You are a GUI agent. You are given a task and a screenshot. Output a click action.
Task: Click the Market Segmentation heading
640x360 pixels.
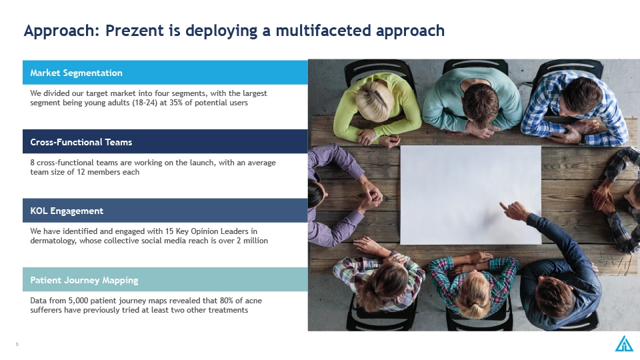pyautogui.click(x=76, y=73)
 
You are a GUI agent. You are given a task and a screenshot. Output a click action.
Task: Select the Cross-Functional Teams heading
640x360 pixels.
pyautogui.click(x=81, y=142)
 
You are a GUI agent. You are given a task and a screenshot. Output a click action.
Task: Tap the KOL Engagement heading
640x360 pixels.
pyautogui.click(x=67, y=211)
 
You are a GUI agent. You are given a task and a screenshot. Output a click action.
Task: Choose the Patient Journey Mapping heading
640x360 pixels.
pyautogui.click(x=84, y=280)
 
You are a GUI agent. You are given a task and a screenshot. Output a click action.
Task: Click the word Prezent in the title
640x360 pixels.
pyautogui.click(x=134, y=31)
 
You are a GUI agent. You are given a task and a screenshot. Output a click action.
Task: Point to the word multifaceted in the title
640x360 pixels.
pyautogui.click(x=323, y=31)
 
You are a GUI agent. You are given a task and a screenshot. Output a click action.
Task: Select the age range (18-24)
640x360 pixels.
pyautogui.click(x=145, y=103)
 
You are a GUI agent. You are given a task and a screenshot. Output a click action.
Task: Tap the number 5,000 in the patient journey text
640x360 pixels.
pyautogui.click(x=78, y=301)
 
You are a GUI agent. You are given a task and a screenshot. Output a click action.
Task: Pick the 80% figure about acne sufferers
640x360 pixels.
pyautogui.click(x=227, y=301)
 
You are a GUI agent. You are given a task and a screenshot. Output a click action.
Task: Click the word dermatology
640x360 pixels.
pyautogui.click(x=53, y=241)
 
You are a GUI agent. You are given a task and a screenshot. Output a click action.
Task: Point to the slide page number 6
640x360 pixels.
pyautogui.click(x=17, y=344)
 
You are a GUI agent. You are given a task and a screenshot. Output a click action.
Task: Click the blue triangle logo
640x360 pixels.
pyautogui.click(x=624, y=343)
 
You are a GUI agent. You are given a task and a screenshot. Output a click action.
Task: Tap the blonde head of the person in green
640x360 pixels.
pyautogui.click(x=374, y=101)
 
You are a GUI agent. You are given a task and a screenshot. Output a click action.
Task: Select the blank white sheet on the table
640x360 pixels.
pyautogui.click(x=471, y=195)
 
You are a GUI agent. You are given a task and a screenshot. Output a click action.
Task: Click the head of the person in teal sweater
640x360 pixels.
pyautogui.click(x=481, y=105)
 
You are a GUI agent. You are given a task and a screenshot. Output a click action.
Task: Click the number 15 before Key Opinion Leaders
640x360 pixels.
pyautogui.click(x=169, y=231)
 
